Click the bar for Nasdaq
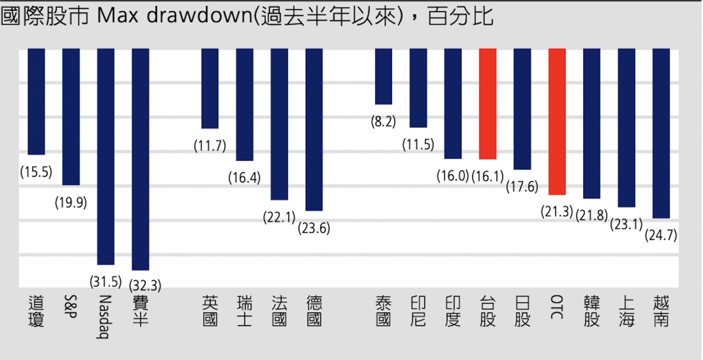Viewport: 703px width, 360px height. coord(105,156)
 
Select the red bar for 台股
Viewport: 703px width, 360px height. coord(487,104)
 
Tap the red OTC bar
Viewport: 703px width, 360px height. coord(557,121)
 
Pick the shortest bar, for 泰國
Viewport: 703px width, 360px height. coord(383,76)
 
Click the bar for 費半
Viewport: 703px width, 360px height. coord(140,159)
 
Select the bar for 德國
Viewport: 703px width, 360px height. coord(314,130)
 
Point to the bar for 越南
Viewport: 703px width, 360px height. coord(661,133)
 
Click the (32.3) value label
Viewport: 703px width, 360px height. coord(145,286)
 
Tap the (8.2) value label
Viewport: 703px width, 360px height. coord(383,121)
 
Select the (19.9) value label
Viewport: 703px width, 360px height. coord(71,203)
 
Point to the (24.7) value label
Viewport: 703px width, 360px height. coord(661,235)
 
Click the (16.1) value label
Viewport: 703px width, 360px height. coord(487,177)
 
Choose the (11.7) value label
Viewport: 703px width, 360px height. coord(210,145)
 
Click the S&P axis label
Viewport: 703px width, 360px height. coord(71,306)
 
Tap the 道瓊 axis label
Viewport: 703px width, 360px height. coord(36,311)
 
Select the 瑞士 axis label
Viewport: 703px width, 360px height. coord(244,311)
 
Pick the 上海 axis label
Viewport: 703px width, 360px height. coord(626,311)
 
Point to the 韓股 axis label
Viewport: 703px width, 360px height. coord(591,311)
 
